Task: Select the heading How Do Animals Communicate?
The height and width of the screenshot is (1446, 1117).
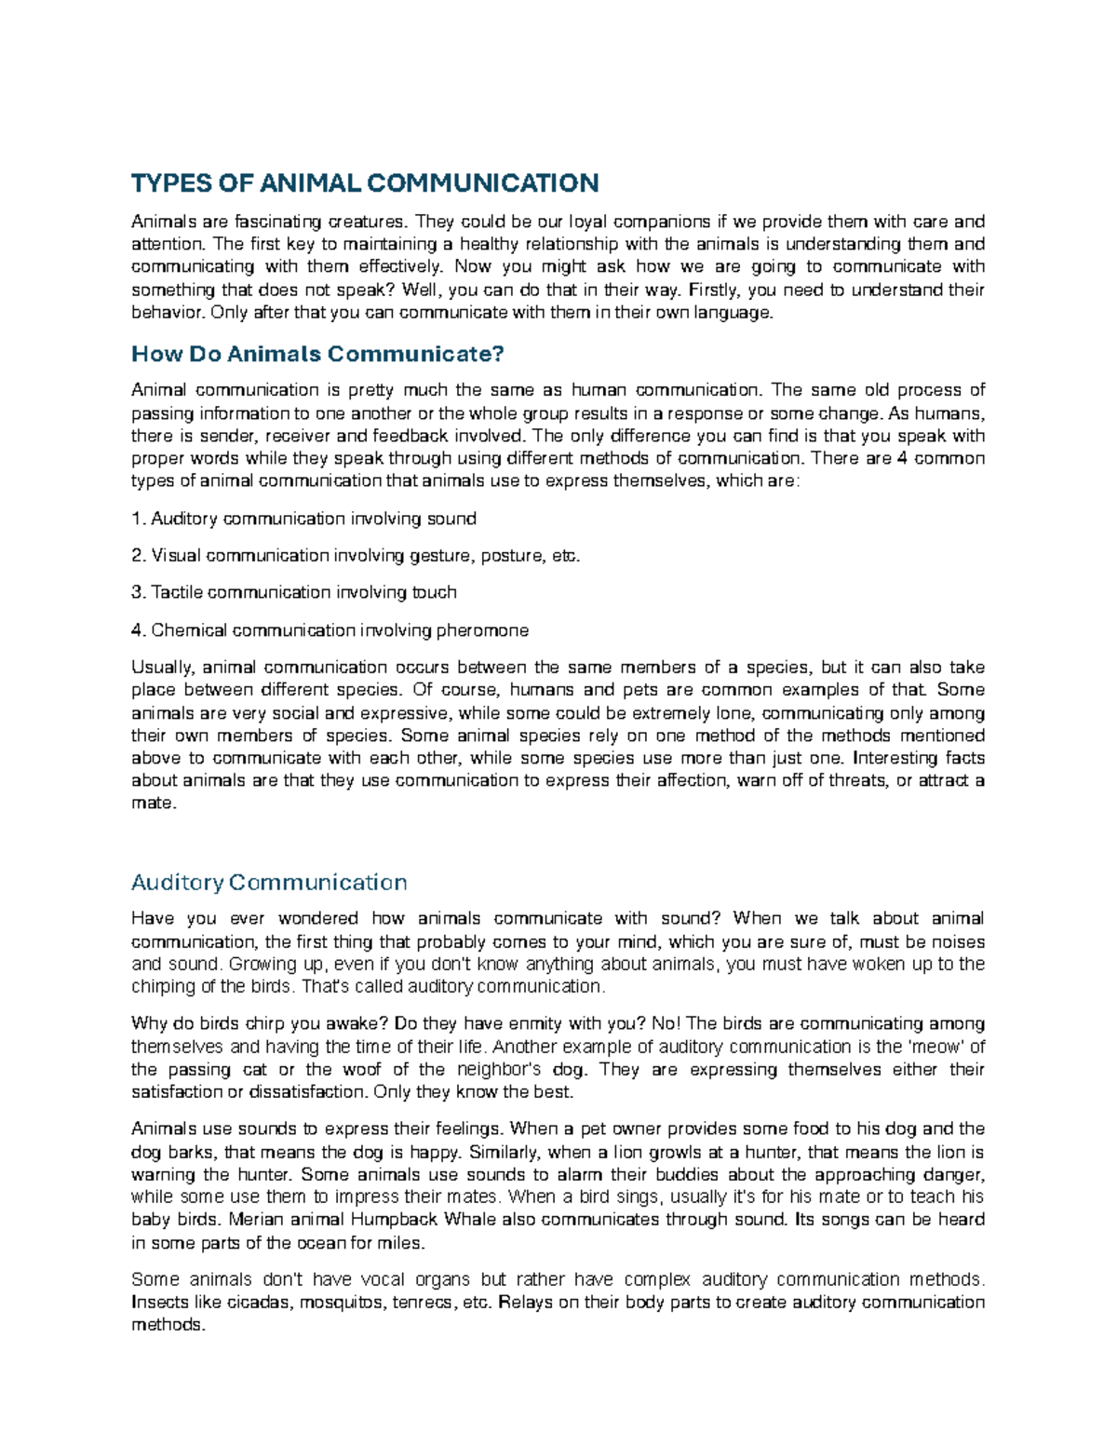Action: (x=317, y=354)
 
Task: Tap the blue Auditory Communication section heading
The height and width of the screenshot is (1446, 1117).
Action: (x=269, y=882)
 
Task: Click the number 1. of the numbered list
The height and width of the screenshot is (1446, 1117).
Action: (x=139, y=518)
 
